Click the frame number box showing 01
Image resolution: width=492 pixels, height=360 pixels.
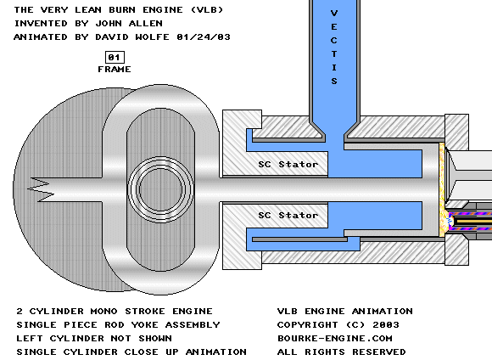coord(115,58)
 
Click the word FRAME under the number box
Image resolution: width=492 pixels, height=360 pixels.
coord(115,70)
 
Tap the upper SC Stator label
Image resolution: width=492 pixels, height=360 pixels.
coord(288,165)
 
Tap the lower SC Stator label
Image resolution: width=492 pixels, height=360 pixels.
coord(288,215)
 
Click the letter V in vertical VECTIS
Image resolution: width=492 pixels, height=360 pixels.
coord(334,14)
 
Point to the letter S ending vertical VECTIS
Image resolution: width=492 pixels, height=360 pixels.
coord(334,81)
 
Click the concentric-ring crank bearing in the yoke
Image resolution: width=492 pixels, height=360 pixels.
coord(160,189)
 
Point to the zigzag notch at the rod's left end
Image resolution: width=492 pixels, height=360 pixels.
coord(41,189)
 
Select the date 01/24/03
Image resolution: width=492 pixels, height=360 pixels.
coord(204,37)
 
